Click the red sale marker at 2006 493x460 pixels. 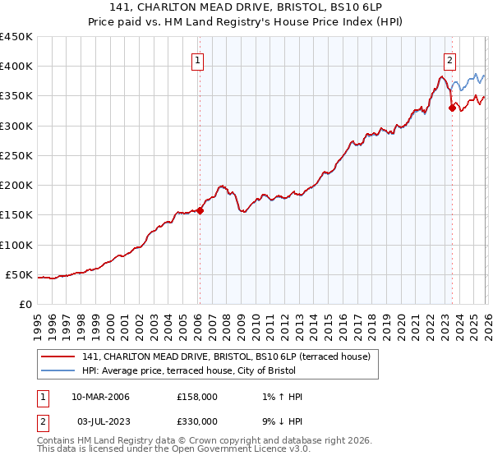pos(200,210)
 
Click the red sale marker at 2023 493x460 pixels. pos(452,108)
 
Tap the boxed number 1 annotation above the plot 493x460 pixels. pos(199,59)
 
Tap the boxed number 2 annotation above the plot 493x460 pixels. pos(450,59)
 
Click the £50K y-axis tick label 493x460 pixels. pos(20,274)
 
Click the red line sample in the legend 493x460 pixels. pos(59,356)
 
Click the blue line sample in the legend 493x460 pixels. pos(59,370)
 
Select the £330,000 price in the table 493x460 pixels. pos(197,421)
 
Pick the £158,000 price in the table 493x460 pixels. pos(197,397)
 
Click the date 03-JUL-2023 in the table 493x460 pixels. pos(100,421)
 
